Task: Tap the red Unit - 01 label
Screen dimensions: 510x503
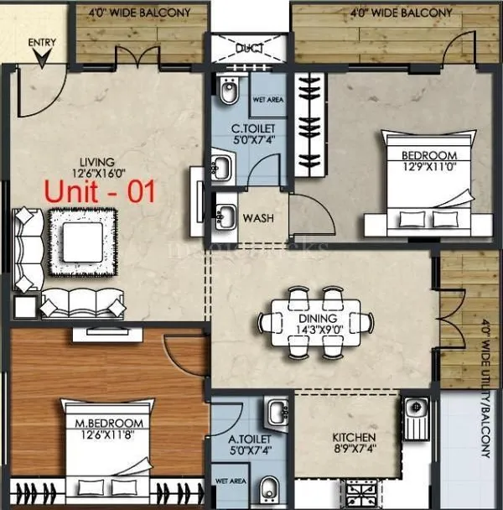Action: (x=100, y=191)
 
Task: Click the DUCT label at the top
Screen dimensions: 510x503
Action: (x=249, y=48)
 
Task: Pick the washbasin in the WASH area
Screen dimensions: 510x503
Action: (x=225, y=216)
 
